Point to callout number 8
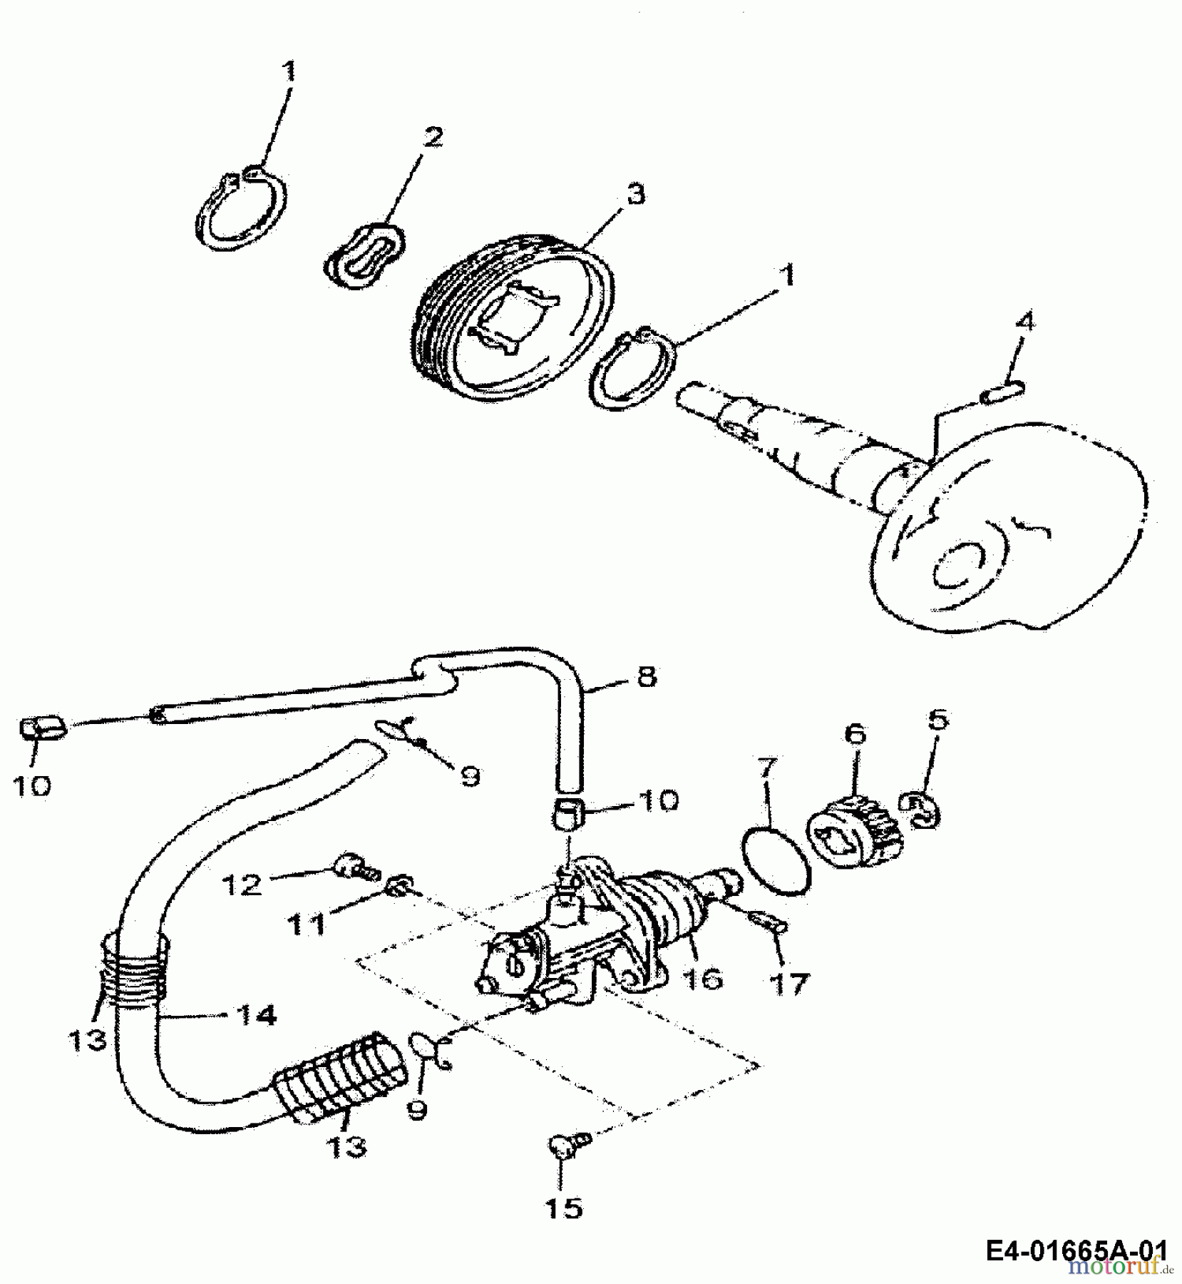pyautogui.click(x=646, y=676)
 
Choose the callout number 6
pyautogui.click(x=855, y=733)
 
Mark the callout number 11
pyautogui.click(x=306, y=925)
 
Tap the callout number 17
pyautogui.click(x=789, y=984)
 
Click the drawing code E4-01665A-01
pyautogui.click(x=1077, y=1250)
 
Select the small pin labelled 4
pyautogui.click(x=1003, y=393)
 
